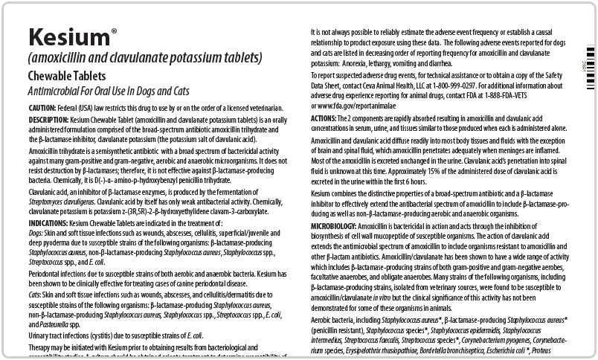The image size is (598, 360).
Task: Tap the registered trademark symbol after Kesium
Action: point(113,31)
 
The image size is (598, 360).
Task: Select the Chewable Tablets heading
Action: point(67,76)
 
